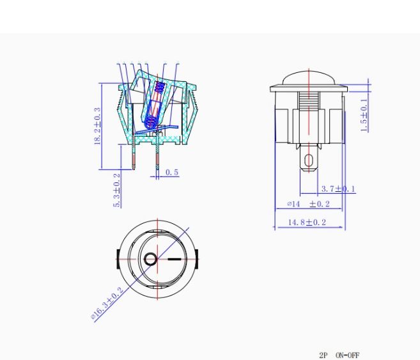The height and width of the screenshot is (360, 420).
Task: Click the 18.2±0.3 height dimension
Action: click(x=97, y=126)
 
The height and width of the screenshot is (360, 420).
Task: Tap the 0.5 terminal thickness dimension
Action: click(x=172, y=172)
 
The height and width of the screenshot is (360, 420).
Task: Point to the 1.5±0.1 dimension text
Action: click(x=364, y=115)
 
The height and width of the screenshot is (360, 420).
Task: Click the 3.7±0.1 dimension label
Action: click(x=338, y=189)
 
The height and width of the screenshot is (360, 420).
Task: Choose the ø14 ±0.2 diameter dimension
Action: click(x=308, y=204)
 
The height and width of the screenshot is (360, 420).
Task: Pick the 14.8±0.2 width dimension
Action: click(x=307, y=223)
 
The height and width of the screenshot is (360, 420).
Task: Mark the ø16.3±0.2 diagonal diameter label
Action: click(x=107, y=303)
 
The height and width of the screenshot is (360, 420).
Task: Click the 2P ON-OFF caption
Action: click(x=339, y=355)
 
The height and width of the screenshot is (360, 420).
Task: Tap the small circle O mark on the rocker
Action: click(x=150, y=259)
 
